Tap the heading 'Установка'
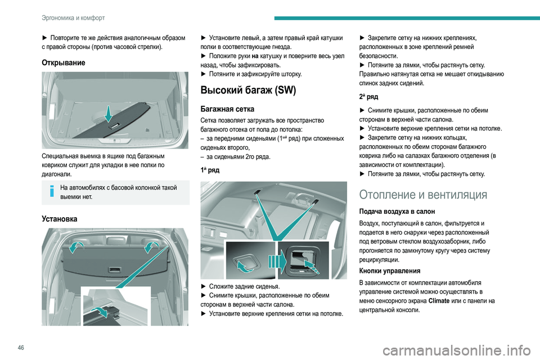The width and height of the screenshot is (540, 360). (60, 218)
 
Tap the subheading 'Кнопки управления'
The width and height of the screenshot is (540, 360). (391, 270)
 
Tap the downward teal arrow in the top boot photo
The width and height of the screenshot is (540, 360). (109, 112)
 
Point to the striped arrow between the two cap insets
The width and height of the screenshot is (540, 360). (270, 260)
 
